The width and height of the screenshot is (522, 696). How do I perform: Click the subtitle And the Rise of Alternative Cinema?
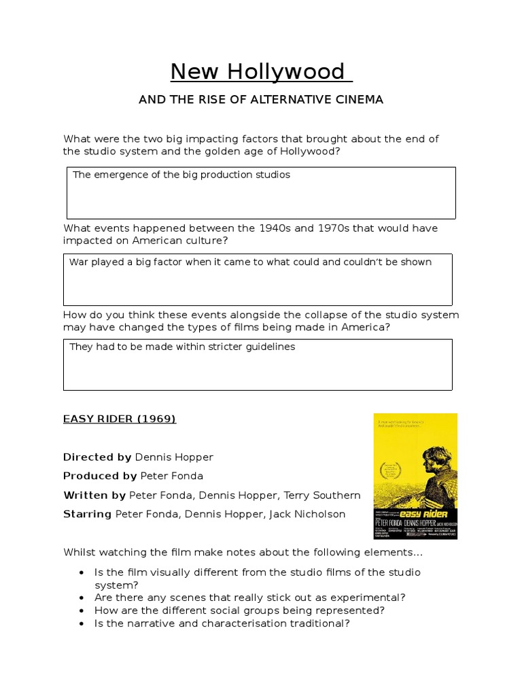tap(261, 100)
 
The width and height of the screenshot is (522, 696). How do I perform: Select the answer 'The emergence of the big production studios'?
tap(181, 175)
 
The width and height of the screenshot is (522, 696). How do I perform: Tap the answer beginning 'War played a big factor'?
tap(250, 262)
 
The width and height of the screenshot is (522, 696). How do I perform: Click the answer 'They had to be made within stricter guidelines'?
tap(182, 347)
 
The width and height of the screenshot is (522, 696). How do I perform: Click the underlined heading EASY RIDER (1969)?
tap(120, 419)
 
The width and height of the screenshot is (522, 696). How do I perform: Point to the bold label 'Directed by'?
tap(97, 457)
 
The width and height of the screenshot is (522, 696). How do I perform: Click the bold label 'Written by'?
tap(94, 495)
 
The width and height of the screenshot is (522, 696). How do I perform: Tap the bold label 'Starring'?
tap(87, 514)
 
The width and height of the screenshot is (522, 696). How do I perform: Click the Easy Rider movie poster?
tap(415, 476)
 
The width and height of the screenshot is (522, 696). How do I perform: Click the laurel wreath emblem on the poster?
tap(390, 470)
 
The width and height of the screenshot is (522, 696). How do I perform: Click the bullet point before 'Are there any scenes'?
tap(82, 598)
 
